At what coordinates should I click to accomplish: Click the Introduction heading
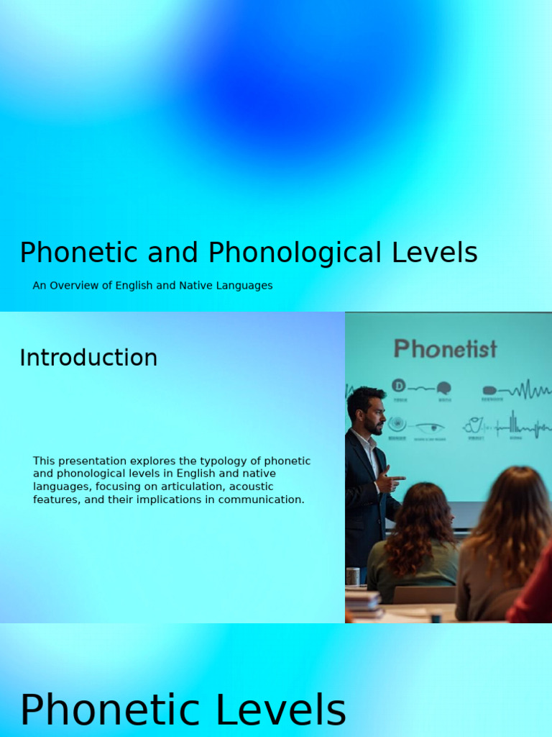click(88, 358)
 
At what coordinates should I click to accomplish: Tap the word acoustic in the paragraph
click(251, 487)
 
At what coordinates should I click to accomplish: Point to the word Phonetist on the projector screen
click(445, 349)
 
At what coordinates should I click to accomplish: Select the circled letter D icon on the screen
click(399, 386)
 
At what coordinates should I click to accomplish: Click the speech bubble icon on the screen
click(443, 388)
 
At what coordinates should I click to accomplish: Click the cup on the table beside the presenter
click(352, 576)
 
